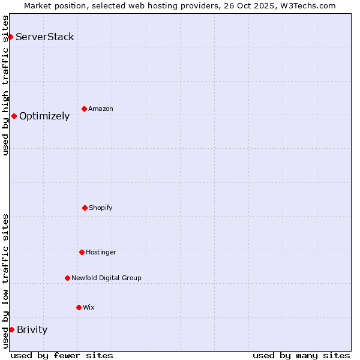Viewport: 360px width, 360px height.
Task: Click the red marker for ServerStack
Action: tap(10, 37)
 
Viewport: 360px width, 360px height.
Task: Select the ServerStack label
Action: tap(45, 37)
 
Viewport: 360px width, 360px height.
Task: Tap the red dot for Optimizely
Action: tap(14, 116)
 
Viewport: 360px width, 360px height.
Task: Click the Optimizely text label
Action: tap(44, 116)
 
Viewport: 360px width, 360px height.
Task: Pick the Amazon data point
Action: tap(84, 109)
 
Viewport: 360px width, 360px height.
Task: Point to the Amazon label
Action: tap(101, 109)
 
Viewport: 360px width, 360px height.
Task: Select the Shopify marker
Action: tap(85, 208)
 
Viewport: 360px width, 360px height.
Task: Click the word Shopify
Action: tap(101, 208)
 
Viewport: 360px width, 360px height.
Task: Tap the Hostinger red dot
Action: tap(82, 252)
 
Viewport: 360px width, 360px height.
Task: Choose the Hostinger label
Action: tap(101, 252)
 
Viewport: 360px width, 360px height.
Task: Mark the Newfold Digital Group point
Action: tap(67, 278)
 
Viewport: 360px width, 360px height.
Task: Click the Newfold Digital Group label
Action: tap(106, 278)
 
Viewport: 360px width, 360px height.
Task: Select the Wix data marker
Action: tap(79, 307)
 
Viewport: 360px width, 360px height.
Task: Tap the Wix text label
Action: tap(89, 307)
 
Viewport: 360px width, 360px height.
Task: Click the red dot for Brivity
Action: tap(11, 329)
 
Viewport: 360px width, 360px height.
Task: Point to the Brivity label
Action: tap(32, 329)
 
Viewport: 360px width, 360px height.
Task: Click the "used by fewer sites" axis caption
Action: tap(62, 355)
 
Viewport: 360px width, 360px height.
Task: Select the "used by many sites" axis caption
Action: tap(301, 355)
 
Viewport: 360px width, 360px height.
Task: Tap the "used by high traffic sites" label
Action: tap(5, 85)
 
